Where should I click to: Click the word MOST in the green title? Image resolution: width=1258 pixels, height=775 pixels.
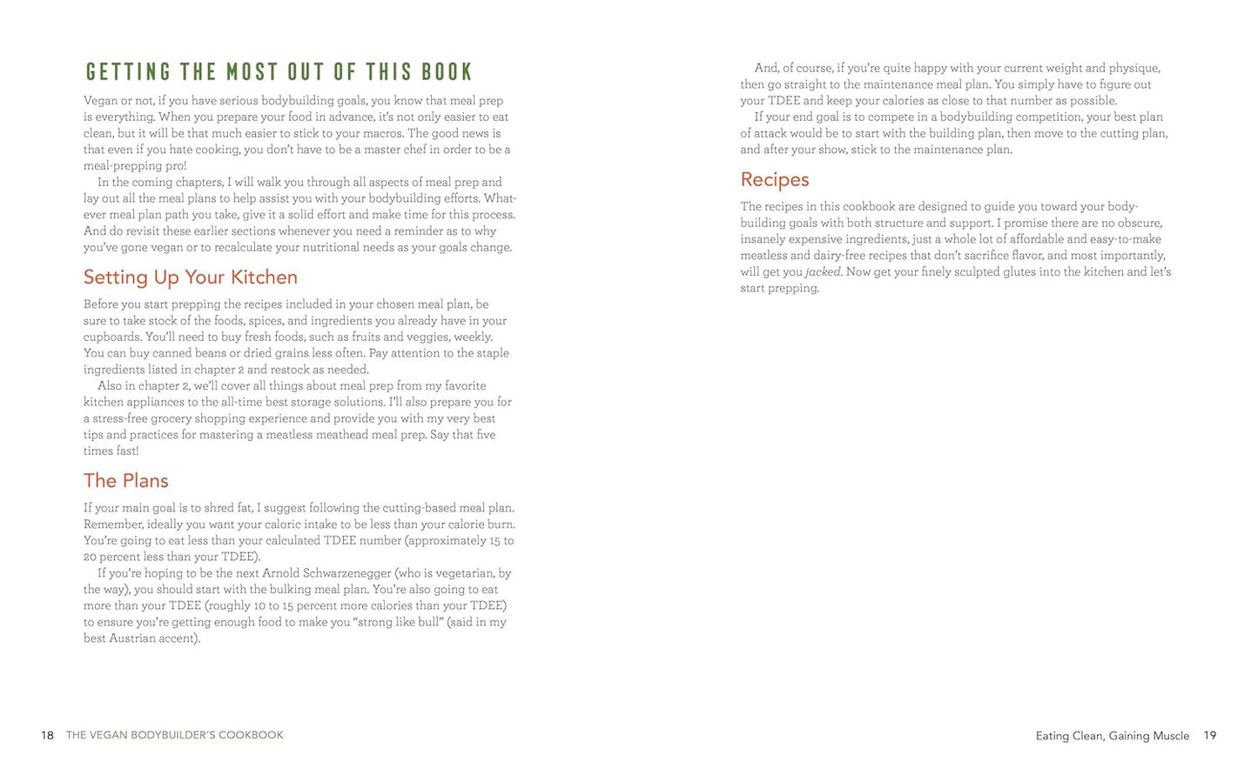252,71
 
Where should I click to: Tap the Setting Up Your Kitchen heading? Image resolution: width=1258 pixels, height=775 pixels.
191,277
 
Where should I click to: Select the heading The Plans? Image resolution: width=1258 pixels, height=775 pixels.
126,481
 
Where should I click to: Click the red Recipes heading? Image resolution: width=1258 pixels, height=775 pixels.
775,180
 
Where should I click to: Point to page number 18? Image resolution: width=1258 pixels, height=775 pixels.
47,736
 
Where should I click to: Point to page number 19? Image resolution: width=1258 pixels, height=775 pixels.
1210,736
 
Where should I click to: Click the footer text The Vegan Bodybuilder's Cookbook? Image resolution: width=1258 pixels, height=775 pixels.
175,736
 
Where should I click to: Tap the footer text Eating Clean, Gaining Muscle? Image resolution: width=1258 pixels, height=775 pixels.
1112,737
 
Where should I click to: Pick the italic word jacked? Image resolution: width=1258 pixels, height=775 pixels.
824,272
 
